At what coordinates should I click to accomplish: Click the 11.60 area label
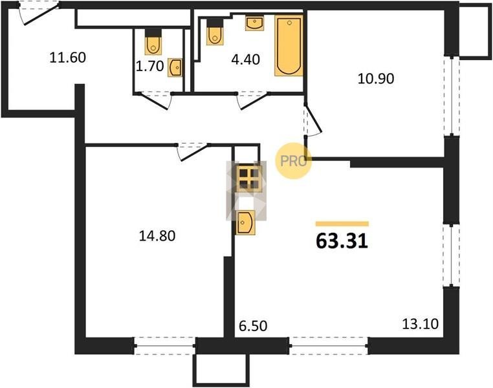67,58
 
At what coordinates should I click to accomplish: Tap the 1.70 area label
149,67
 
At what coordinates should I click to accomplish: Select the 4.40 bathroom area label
246,59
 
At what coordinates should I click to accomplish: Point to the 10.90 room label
376,78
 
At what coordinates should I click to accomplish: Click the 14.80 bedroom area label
157,236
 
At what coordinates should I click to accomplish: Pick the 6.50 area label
253,326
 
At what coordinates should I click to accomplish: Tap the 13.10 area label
421,324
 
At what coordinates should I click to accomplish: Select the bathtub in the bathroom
289,45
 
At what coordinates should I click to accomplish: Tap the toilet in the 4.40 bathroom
215,32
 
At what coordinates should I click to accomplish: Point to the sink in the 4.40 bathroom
254,23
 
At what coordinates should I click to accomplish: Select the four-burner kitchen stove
248,178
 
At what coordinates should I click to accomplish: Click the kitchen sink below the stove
246,222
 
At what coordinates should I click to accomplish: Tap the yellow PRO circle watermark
293,161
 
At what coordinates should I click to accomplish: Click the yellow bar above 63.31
342,224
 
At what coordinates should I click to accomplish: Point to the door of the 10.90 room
313,119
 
